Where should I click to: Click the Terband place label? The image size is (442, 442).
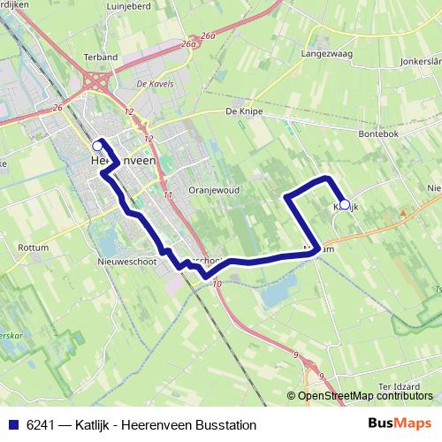click(x=101, y=57)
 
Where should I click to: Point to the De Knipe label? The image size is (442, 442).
click(x=245, y=112)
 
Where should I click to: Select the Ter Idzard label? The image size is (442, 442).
click(x=397, y=386)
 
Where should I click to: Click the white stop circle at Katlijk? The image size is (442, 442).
click(x=345, y=204)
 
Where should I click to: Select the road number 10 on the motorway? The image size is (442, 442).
click(x=217, y=284)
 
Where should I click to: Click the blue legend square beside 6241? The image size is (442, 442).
click(x=13, y=424)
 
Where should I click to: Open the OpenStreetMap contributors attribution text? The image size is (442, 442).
click(x=365, y=396)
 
